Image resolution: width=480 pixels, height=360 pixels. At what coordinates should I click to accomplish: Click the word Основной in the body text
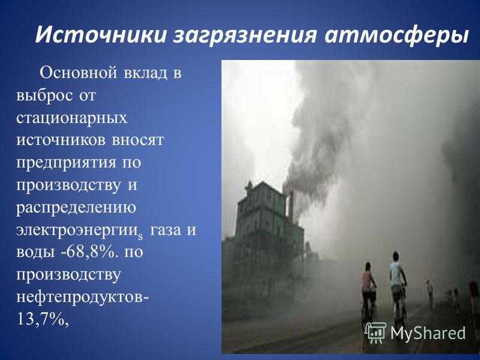79,73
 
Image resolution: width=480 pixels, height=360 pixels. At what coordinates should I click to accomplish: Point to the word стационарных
71,118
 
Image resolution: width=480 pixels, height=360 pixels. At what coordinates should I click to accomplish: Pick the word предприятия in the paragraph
66,163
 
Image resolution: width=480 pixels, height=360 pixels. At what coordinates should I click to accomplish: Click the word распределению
76,208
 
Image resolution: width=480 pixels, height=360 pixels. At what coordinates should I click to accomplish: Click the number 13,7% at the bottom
42,320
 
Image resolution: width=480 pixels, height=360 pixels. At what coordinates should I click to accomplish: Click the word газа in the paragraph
166,230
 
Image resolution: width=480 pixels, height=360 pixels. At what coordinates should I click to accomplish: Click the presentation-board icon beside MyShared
376,333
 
